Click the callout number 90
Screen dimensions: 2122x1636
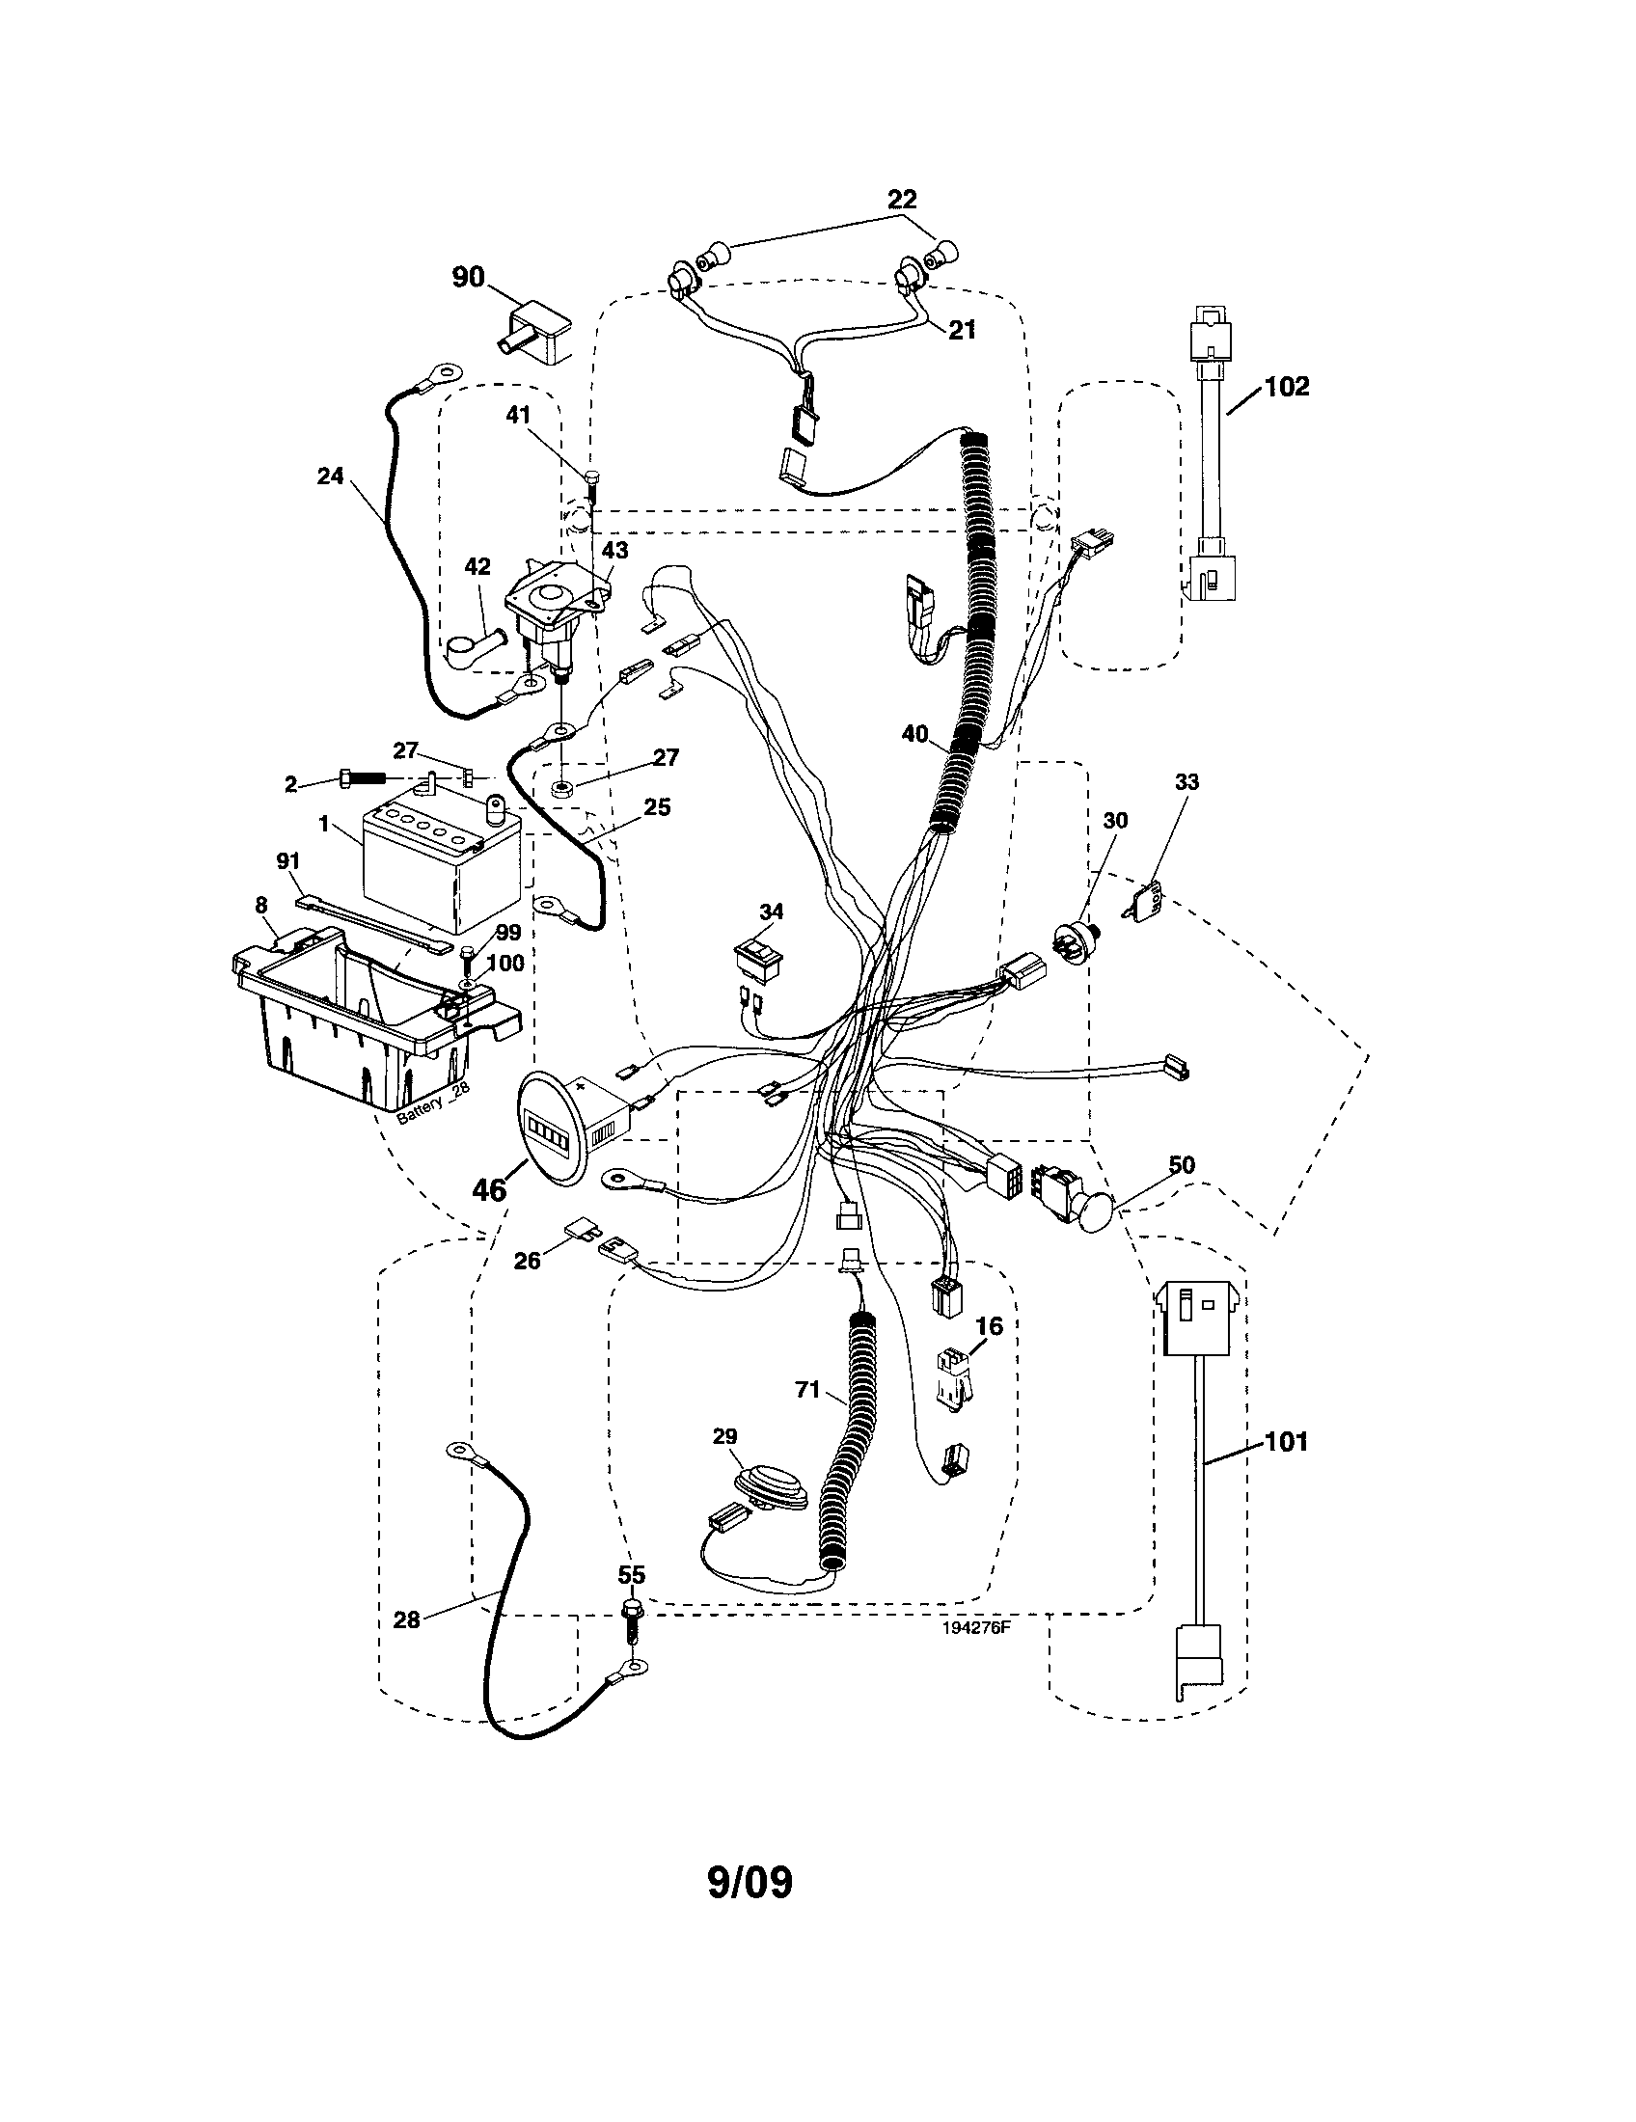click(x=467, y=277)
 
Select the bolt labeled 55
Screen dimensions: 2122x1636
click(x=631, y=1618)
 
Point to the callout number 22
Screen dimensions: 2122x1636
click(x=902, y=200)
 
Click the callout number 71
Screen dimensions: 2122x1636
click(x=807, y=1391)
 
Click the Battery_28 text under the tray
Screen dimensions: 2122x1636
click(x=433, y=1105)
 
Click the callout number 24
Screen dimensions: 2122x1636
click(x=330, y=477)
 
